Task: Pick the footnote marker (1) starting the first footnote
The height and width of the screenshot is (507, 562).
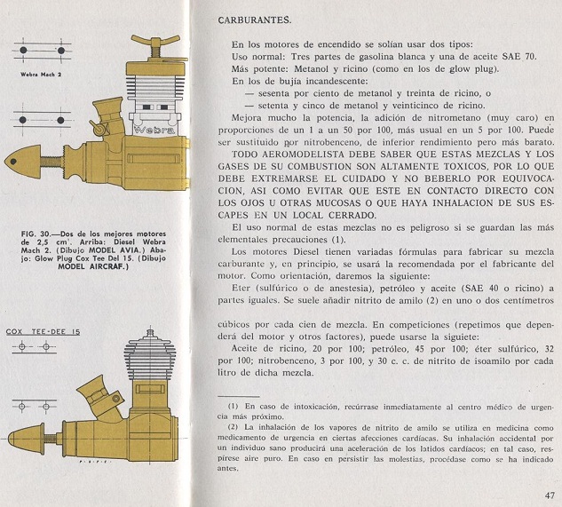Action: coord(222,405)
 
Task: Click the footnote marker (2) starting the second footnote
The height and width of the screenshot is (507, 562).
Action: coord(222,428)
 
